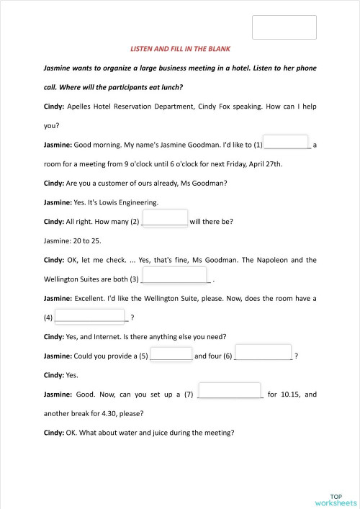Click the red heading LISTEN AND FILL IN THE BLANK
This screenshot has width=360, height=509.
coord(179,48)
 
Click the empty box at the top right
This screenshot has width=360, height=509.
coord(284,27)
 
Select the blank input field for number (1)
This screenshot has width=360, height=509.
coord(287,143)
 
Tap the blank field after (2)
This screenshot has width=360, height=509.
coord(166,218)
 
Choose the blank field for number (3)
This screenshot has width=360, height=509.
coord(176,275)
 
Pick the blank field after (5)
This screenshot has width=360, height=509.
coord(171,354)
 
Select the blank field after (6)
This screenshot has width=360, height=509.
coord(264,353)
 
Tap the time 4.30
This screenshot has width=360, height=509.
coord(121,413)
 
